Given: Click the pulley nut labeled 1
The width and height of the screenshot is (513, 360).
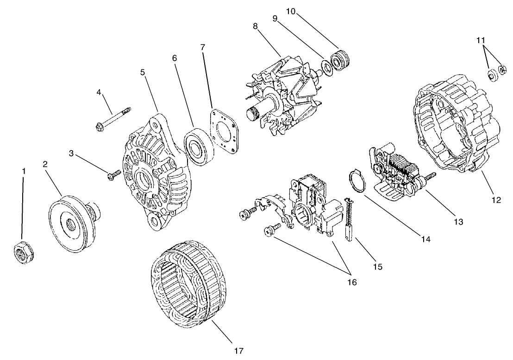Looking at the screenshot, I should tap(22, 253).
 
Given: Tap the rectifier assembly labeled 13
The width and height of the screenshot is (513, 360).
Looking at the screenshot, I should tap(398, 171).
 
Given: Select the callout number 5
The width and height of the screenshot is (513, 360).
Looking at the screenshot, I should tap(143, 73).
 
